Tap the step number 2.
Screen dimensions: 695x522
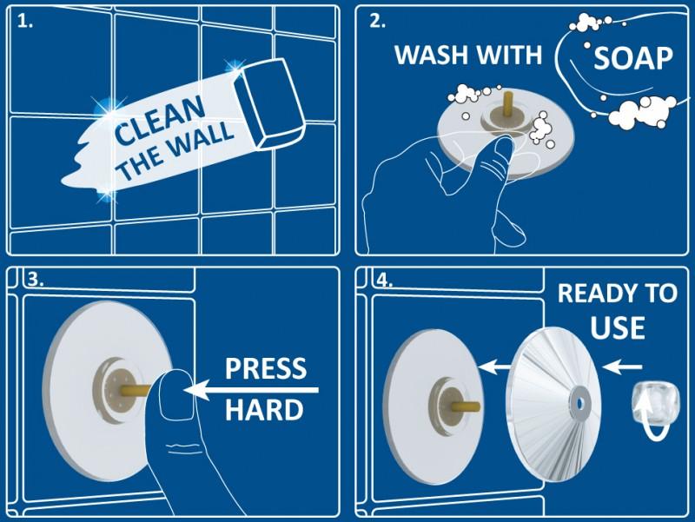click(377, 21)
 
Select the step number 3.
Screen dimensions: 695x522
click(36, 280)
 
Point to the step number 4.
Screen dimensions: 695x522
click(384, 280)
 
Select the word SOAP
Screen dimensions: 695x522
click(633, 58)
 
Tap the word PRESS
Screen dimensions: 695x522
click(266, 368)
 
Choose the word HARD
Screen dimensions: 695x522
click(264, 410)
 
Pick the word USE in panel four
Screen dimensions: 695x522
click(618, 328)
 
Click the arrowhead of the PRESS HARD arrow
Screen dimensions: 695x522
click(194, 390)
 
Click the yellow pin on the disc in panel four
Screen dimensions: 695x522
click(467, 405)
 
